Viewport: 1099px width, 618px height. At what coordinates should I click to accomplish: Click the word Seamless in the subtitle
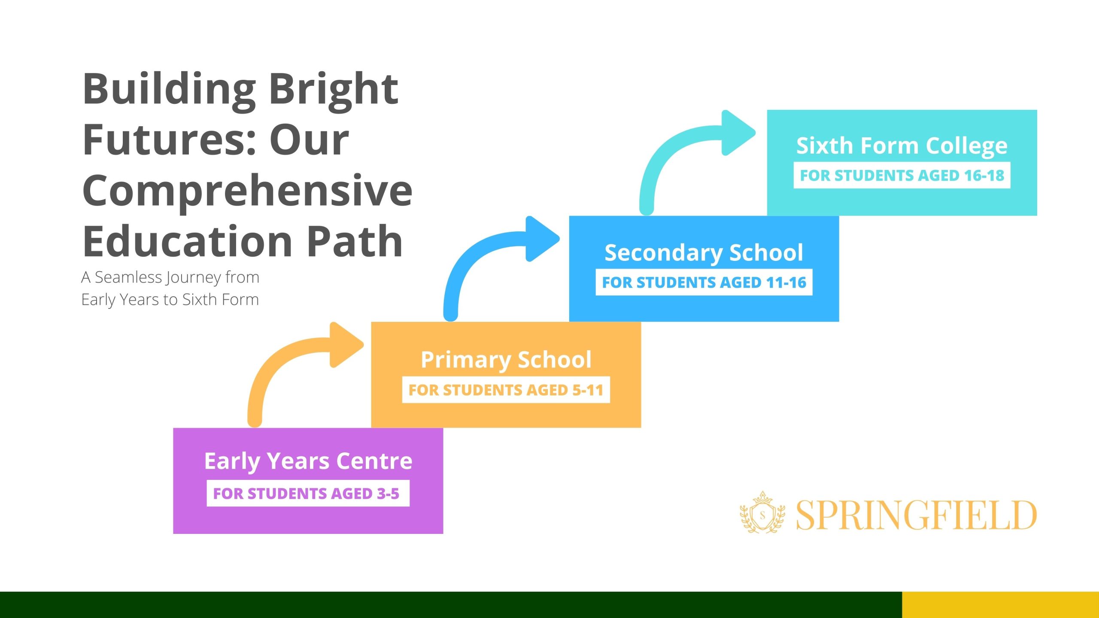click(x=128, y=277)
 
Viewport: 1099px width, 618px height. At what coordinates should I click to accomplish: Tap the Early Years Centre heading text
click(x=308, y=461)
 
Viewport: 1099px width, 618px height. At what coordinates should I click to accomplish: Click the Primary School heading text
click(x=506, y=360)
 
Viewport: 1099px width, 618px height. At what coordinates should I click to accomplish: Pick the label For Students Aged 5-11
click(x=506, y=390)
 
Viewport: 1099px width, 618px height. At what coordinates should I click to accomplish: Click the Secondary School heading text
click(x=704, y=252)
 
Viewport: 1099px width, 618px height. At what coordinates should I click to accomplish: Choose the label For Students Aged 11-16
click(x=704, y=282)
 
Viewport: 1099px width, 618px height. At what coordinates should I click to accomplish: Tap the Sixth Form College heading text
click(x=902, y=145)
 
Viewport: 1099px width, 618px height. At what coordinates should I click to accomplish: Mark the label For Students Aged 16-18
click(x=902, y=175)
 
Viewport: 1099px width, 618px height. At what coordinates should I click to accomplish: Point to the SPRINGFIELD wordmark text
click(x=917, y=515)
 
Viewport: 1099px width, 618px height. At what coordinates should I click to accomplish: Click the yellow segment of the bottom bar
click(x=1000, y=605)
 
